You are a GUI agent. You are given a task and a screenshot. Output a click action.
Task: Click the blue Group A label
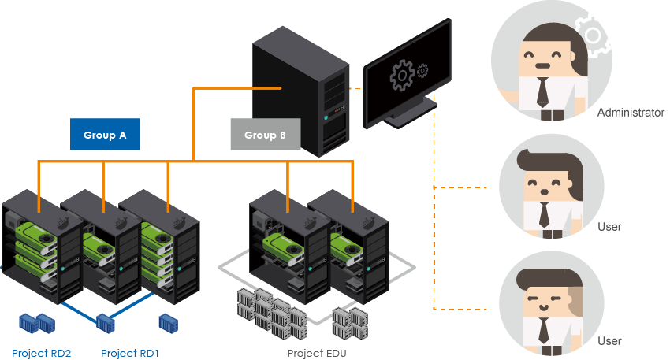pyautogui.click(x=105, y=135)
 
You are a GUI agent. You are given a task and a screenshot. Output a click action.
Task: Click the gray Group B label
pyautogui.click(x=265, y=135)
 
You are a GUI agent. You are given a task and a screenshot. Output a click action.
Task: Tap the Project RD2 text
pyautogui.click(x=42, y=353)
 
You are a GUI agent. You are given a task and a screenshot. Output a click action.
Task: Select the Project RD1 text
pyautogui.click(x=130, y=353)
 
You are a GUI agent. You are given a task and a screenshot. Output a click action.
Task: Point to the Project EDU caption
pyautogui.click(x=317, y=353)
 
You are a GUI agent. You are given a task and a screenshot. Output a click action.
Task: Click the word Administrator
pyautogui.click(x=631, y=113)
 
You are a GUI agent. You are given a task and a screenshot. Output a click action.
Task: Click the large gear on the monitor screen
pyautogui.click(x=402, y=75)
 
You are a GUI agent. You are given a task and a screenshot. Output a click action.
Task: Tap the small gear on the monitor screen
pyautogui.click(x=422, y=71)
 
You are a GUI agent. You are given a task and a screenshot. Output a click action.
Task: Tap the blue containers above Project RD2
pyautogui.click(x=36, y=321)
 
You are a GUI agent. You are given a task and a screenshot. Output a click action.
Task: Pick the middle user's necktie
pyautogui.click(x=544, y=214)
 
